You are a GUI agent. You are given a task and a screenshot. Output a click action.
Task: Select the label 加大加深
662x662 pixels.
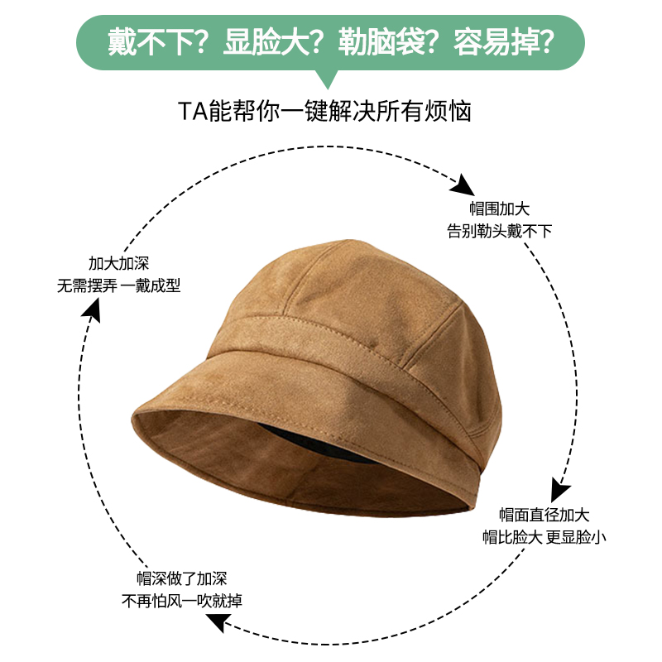tap(118, 264)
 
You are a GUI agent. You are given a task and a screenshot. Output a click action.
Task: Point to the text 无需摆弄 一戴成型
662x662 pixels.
tap(118, 286)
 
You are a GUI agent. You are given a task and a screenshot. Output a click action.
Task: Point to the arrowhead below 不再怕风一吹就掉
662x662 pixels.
tap(216, 623)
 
